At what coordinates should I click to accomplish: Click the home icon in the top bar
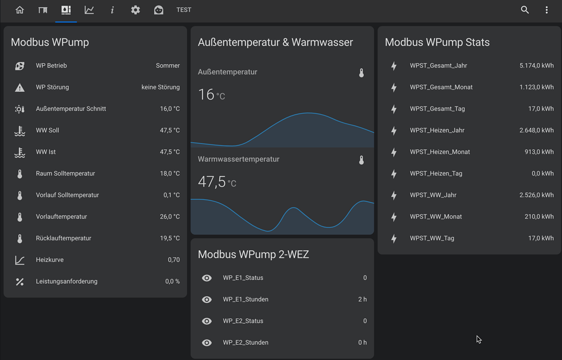20,10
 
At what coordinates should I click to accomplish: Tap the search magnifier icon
525,10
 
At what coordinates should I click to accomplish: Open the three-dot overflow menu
547,10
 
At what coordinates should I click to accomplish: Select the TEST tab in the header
184,10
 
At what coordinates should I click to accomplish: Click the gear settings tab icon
136,10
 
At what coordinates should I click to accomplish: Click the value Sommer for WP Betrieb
168,66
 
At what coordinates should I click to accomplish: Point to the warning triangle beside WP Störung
20,87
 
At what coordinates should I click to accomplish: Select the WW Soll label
48,131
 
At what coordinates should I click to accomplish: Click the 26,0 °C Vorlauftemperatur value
170,217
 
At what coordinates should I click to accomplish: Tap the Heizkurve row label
50,260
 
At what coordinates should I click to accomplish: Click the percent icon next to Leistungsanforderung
20,282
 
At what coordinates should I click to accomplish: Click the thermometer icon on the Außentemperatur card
361,72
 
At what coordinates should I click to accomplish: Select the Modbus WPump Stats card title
437,42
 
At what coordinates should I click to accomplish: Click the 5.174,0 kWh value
536,66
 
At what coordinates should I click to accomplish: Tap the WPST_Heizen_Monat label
440,152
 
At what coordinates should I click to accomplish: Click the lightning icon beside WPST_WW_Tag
394,239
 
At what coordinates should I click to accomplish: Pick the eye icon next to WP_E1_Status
207,278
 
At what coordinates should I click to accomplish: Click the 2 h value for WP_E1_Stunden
362,300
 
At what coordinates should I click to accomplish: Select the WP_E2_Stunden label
245,343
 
